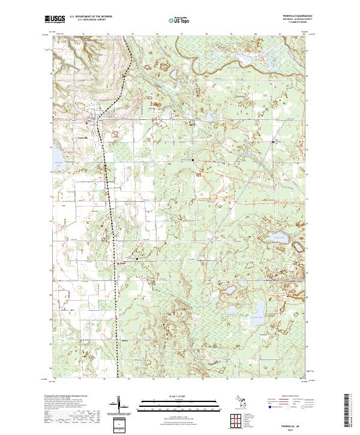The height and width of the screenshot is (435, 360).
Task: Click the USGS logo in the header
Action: pyautogui.click(x=55, y=20)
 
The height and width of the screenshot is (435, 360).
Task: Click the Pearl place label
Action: pyautogui.click(x=121, y=262)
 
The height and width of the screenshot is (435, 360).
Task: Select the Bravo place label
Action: pyautogui.click(x=125, y=339)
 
